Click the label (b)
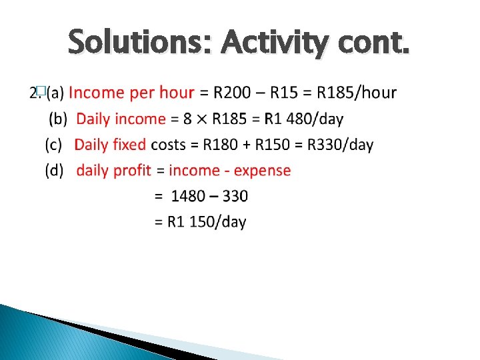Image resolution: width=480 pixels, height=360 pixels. pyautogui.click(x=59, y=119)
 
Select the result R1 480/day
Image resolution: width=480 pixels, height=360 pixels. pyautogui.click(x=303, y=119)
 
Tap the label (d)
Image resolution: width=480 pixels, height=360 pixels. pyautogui.click(x=55, y=171)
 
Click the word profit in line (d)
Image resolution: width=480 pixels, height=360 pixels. pyautogui.click(x=132, y=171)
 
